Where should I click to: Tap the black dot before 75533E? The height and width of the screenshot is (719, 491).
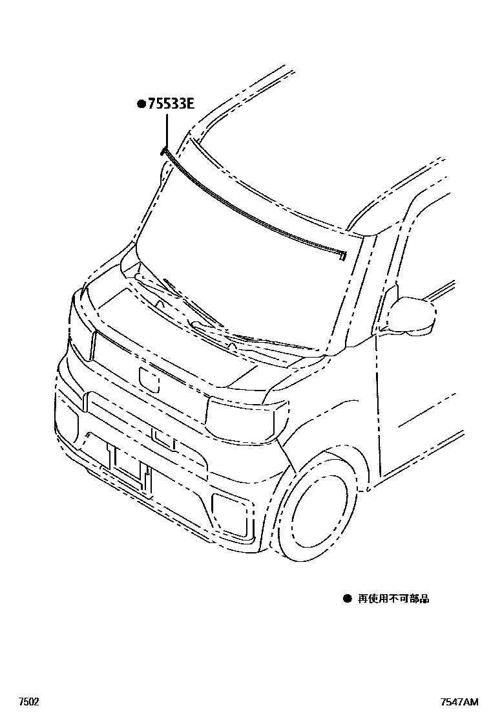click(140, 103)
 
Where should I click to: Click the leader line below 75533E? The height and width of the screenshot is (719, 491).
click(166, 130)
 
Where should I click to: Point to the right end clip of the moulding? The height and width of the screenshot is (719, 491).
click(341, 256)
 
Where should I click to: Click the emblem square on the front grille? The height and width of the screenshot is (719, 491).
click(149, 379)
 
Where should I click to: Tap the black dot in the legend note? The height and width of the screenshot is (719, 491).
click(347, 599)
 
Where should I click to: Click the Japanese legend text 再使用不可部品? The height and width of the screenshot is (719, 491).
click(393, 599)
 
